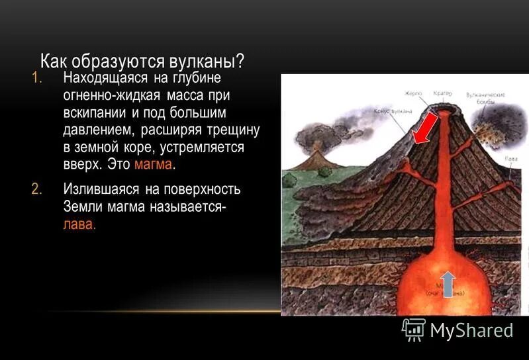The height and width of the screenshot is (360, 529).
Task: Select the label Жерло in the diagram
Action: coord(414,93)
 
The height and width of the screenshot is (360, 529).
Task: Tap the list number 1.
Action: coord(36,78)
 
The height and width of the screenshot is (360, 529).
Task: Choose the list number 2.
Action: coord(36,190)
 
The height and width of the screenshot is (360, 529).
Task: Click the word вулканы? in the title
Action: coord(207,61)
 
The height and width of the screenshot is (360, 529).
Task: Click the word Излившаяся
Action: coord(97,190)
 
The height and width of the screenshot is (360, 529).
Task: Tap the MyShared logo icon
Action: coord(414,329)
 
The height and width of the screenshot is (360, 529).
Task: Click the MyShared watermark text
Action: coord(471,330)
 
